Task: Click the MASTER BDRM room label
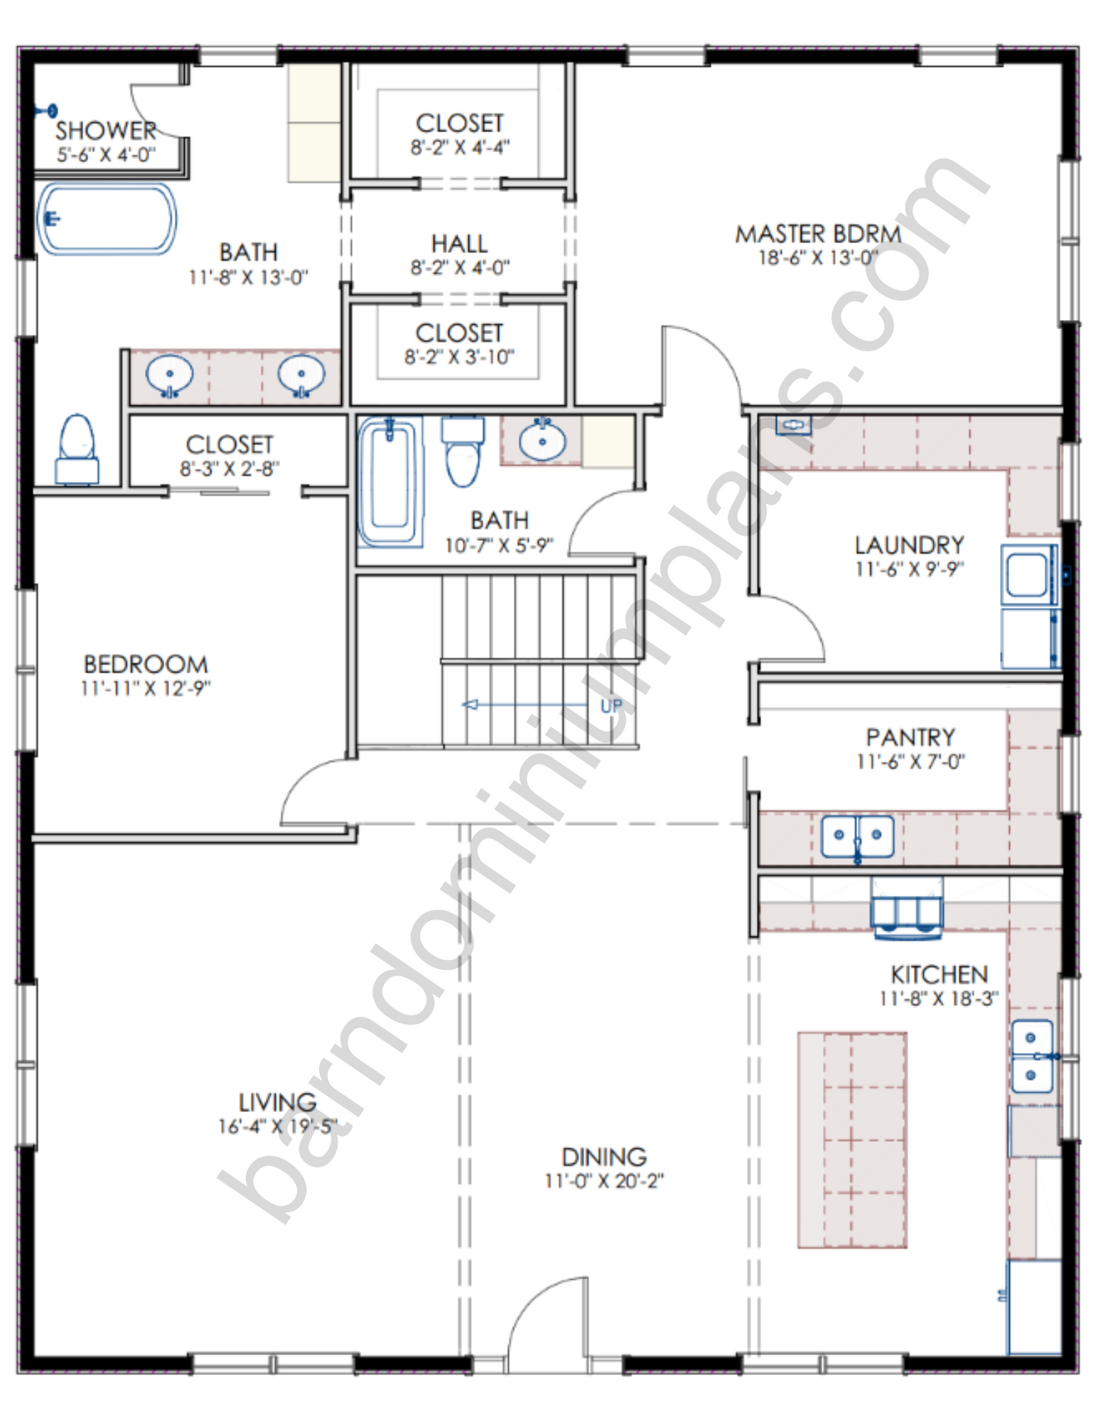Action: pyautogui.click(x=818, y=233)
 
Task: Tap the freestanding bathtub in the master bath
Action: pyautogui.click(x=107, y=219)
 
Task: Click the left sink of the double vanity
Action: pyautogui.click(x=169, y=375)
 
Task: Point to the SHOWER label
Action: pyautogui.click(x=106, y=130)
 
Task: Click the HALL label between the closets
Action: pyautogui.click(x=460, y=244)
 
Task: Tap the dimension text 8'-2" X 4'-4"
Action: pyautogui.click(x=460, y=147)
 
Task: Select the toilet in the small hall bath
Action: pyautogui.click(x=463, y=451)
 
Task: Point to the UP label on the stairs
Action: pyautogui.click(x=612, y=706)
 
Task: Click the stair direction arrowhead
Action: pyautogui.click(x=470, y=705)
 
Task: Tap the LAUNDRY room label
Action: pyautogui.click(x=910, y=545)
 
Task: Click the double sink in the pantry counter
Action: pyautogui.click(x=857, y=837)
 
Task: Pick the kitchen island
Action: pyautogui.click(x=852, y=1140)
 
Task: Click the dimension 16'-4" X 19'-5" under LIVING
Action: pyautogui.click(x=277, y=1126)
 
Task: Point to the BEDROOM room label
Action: pyautogui.click(x=146, y=664)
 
